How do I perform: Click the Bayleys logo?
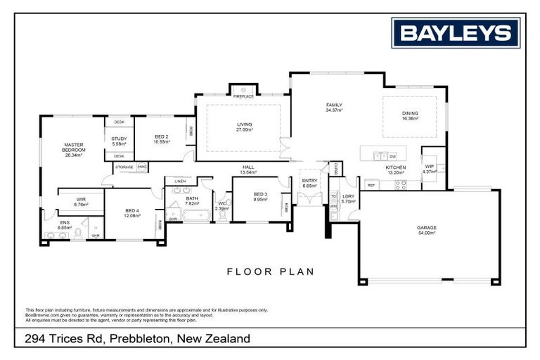tap(456, 32)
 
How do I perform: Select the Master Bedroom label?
tap(74, 149)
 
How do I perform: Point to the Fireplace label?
tap(243, 96)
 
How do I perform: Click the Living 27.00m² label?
tap(243, 127)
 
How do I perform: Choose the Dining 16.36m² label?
tap(410, 115)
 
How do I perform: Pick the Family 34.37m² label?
tap(334, 107)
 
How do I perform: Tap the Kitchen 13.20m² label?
tap(395, 169)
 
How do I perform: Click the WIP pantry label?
tap(430, 169)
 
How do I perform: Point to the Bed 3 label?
tap(261, 196)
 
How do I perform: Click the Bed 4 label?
tap(132, 212)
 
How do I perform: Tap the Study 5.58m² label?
tap(120, 141)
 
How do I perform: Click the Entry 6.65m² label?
tap(310, 183)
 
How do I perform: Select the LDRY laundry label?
tap(348, 199)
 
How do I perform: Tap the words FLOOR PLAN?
tap(270, 271)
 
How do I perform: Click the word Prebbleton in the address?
tap(141, 339)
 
